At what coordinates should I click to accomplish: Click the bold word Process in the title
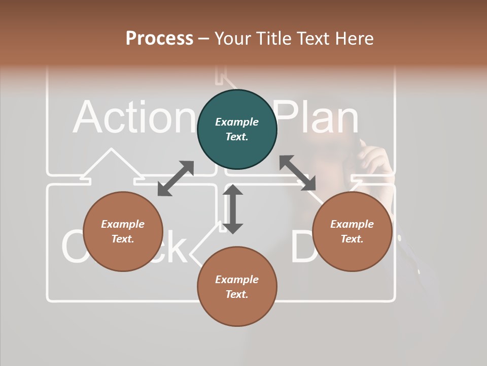tap(159, 39)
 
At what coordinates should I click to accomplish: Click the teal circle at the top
tap(237, 130)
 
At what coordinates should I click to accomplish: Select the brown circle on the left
tap(123, 231)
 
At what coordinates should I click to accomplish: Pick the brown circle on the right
tap(352, 231)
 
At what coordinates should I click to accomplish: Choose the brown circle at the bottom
tap(237, 287)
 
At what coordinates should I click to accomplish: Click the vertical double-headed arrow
tap(233, 209)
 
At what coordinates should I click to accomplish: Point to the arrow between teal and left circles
tap(176, 178)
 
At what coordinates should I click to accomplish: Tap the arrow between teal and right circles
tap(297, 173)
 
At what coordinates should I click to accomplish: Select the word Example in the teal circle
tap(237, 122)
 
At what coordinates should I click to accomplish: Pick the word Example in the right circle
tap(352, 224)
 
